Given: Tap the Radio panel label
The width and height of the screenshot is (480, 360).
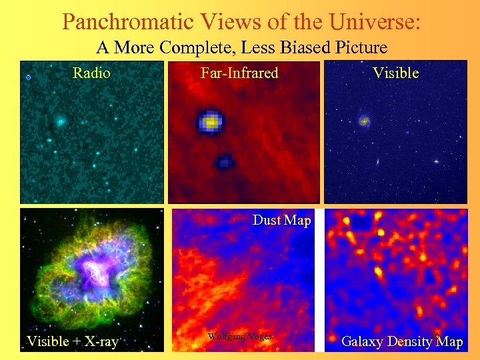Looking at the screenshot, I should point(91,73).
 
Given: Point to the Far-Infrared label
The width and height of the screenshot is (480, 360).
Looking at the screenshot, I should point(239,73).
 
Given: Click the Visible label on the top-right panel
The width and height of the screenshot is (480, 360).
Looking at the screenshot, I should point(395,73).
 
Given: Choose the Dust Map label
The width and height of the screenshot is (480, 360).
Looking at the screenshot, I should point(281,220).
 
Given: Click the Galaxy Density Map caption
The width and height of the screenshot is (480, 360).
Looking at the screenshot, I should point(401,342).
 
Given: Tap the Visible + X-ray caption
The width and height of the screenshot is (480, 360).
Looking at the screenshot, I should point(72,342).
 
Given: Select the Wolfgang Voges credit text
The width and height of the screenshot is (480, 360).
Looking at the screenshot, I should point(239,337).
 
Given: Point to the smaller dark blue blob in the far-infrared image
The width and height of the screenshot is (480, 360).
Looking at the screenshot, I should point(225,161).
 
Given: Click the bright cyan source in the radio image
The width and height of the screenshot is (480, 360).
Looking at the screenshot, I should point(60,121).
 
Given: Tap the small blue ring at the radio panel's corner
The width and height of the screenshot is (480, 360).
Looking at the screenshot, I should point(28,78).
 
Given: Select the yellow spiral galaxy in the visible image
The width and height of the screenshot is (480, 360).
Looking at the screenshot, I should point(364,121).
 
